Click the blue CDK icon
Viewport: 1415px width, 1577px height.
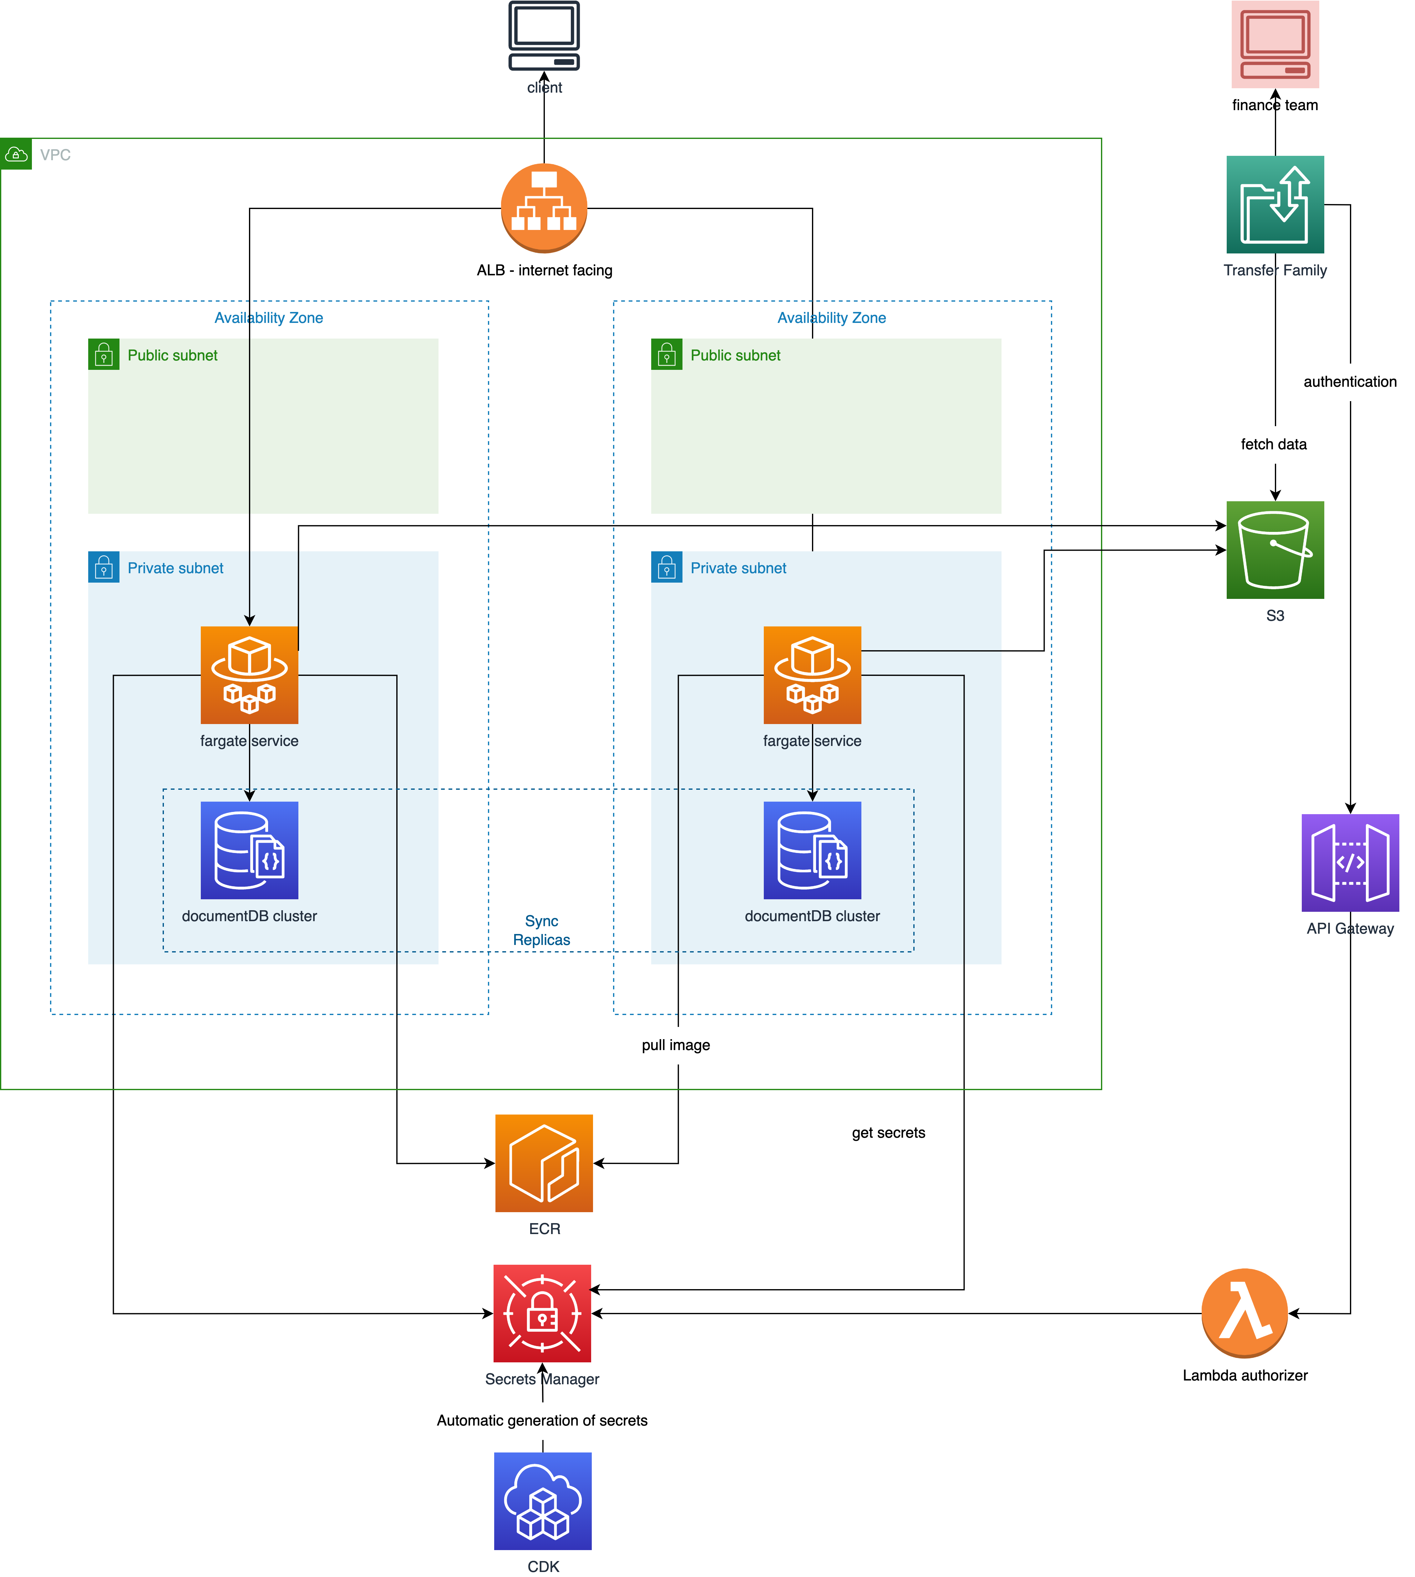click(x=543, y=1501)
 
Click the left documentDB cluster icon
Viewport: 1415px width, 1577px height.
click(x=249, y=850)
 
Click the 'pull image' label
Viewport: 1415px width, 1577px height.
click(x=676, y=1045)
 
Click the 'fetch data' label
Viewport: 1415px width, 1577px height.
click(x=1274, y=444)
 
